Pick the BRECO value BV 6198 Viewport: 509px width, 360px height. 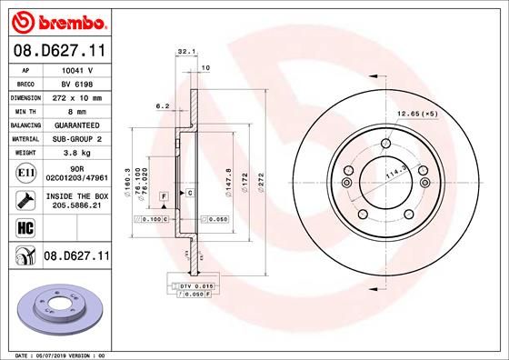pyautogui.click(x=78, y=82)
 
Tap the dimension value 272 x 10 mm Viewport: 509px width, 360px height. pyautogui.click(x=78, y=95)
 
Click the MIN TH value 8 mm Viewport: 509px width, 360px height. pyautogui.click(x=78, y=108)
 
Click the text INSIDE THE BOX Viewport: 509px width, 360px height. pyautogui.click(x=78, y=195)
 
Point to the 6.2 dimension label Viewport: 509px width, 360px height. pyautogui.click(x=164, y=105)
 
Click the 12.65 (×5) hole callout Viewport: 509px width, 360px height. pyautogui.click(x=417, y=114)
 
